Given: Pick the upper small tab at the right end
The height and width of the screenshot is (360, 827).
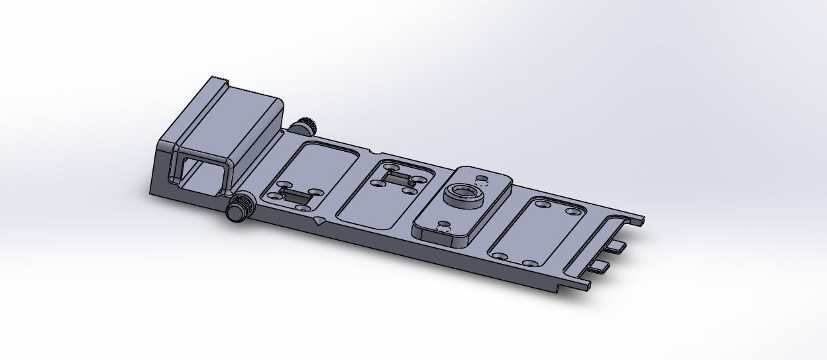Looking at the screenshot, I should click(x=616, y=246).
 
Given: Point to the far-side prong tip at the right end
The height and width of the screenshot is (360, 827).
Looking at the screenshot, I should click(x=641, y=219).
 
